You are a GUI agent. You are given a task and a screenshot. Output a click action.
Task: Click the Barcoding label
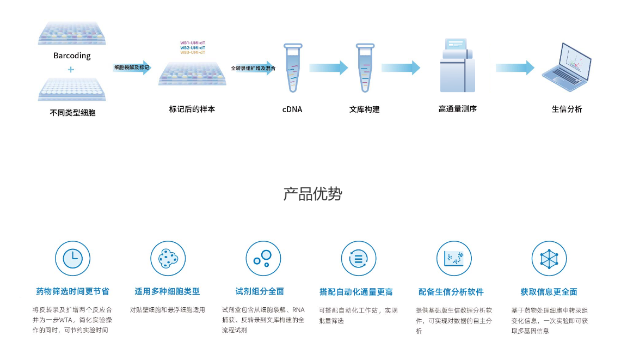coord(72,56)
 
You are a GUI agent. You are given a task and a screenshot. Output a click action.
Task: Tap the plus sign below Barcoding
coord(71,70)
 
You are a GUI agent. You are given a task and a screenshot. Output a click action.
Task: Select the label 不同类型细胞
coord(72,113)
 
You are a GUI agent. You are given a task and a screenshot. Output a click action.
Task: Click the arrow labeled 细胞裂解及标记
coord(132,68)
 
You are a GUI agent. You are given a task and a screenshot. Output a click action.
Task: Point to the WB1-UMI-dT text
coord(193,42)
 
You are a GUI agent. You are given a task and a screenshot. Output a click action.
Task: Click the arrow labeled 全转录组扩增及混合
coord(253,68)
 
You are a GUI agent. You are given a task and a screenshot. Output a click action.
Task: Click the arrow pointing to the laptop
coord(515,68)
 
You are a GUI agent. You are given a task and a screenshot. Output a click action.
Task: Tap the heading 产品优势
coord(312,194)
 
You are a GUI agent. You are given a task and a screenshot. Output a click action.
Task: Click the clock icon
coord(72,258)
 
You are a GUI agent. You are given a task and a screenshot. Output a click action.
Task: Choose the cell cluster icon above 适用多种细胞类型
coord(168,258)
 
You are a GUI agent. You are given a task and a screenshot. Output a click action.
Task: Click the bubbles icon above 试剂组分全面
coord(263,258)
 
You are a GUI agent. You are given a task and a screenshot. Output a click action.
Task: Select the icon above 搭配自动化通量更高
coord(358,258)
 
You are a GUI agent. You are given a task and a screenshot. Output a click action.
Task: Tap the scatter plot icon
coord(453,258)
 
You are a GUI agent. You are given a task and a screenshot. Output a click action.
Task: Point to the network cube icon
coord(549,258)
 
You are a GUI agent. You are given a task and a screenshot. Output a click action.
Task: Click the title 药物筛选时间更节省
coord(72,292)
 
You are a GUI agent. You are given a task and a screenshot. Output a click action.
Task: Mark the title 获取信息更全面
coord(549,292)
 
